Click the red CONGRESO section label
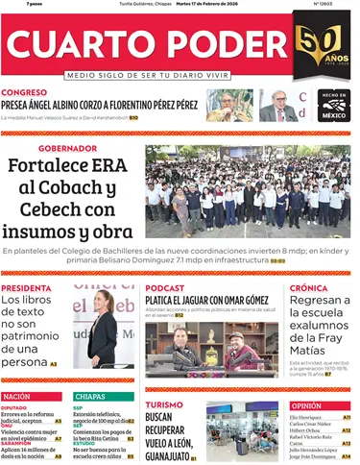point(32,93)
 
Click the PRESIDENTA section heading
point(26,287)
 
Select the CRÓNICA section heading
point(308,287)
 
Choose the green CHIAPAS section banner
point(90,396)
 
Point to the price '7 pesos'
point(13,4)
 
